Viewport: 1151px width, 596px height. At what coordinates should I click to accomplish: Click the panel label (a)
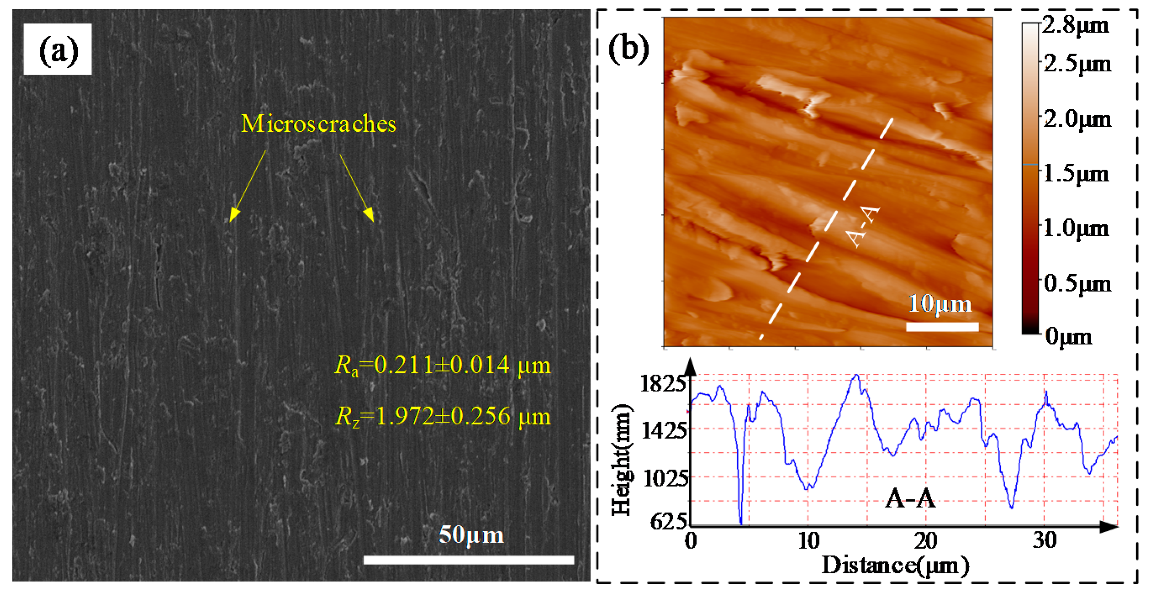(58, 50)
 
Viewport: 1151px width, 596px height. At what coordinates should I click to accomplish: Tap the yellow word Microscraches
(318, 123)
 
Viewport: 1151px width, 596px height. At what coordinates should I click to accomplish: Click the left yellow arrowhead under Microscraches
(233, 215)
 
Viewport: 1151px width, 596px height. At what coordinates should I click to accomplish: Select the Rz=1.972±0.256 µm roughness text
(442, 417)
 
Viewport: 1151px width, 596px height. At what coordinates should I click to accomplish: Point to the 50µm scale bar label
(471, 534)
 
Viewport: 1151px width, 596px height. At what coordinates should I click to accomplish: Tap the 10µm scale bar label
(940, 304)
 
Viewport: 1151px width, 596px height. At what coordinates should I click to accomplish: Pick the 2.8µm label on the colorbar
(1075, 26)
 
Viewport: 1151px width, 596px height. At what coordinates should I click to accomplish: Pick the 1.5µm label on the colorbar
(1076, 174)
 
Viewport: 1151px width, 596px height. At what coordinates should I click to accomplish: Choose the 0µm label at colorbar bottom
(1068, 336)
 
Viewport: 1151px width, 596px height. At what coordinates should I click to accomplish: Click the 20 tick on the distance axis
(925, 541)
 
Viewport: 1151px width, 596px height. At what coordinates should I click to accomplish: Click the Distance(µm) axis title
(895, 566)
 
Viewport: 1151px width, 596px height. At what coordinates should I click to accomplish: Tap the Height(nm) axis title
(622, 460)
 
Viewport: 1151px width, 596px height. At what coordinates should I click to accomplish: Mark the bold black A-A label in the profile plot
(910, 499)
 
